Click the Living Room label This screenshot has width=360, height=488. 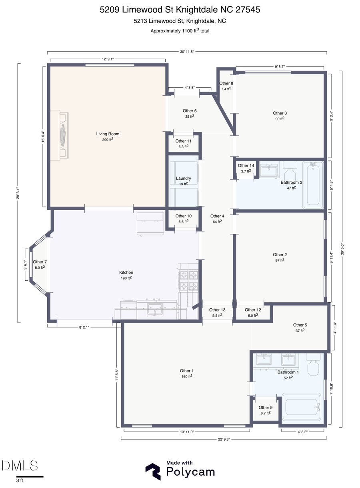pos(108,134)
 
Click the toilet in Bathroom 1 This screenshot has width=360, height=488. pos(313,364)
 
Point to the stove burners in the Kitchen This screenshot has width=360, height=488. pos(188,280)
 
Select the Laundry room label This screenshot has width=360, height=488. pos(183,179)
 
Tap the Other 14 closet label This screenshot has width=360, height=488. pos(246,166)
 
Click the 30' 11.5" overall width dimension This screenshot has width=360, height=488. pos(187,52)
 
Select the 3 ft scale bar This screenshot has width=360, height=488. pos(29,476)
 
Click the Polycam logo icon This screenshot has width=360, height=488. pos(153,471)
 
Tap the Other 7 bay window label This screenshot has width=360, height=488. pos(40,262)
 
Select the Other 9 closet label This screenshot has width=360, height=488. pos(266,408)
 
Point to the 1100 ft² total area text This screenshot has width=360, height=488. pos(180,30)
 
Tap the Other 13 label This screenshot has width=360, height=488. pos(217,310)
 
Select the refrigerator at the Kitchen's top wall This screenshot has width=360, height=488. pos(150,222)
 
